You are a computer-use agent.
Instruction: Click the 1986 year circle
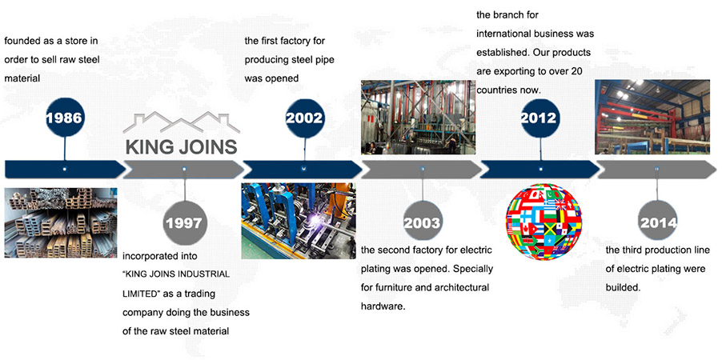click(x=65, y=118)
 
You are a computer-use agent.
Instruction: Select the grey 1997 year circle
click(x=184, y=223)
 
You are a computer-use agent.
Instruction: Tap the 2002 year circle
click(x=304, y=118)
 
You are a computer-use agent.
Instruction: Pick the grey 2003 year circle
click(x=423, y=223)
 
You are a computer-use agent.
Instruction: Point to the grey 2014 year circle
click(x=659, y=223)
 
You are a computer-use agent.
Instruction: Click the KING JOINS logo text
click(x=182, y=147)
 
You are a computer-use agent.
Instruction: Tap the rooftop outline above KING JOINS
click(x=182, y=122)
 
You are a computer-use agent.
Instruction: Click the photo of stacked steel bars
click(x=61, y=222)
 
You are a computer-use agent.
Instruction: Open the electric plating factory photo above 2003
click(x=418, y=117)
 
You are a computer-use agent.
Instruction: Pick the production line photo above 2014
click(x=656, y=117)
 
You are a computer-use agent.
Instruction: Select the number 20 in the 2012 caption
click(x=580, y=71)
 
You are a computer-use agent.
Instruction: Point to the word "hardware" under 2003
click(x=382, y=306)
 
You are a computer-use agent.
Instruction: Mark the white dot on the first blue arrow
click(x=65, y=169)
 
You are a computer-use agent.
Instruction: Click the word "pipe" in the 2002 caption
click(x=325, y=60)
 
